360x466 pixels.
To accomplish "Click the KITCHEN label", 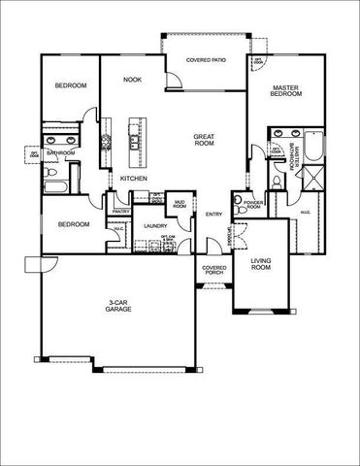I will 133,179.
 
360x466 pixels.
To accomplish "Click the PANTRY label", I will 121,211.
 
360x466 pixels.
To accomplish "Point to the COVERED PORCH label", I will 213,270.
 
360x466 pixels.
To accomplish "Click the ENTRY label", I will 213,215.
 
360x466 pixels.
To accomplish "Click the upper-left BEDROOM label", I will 70,86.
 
